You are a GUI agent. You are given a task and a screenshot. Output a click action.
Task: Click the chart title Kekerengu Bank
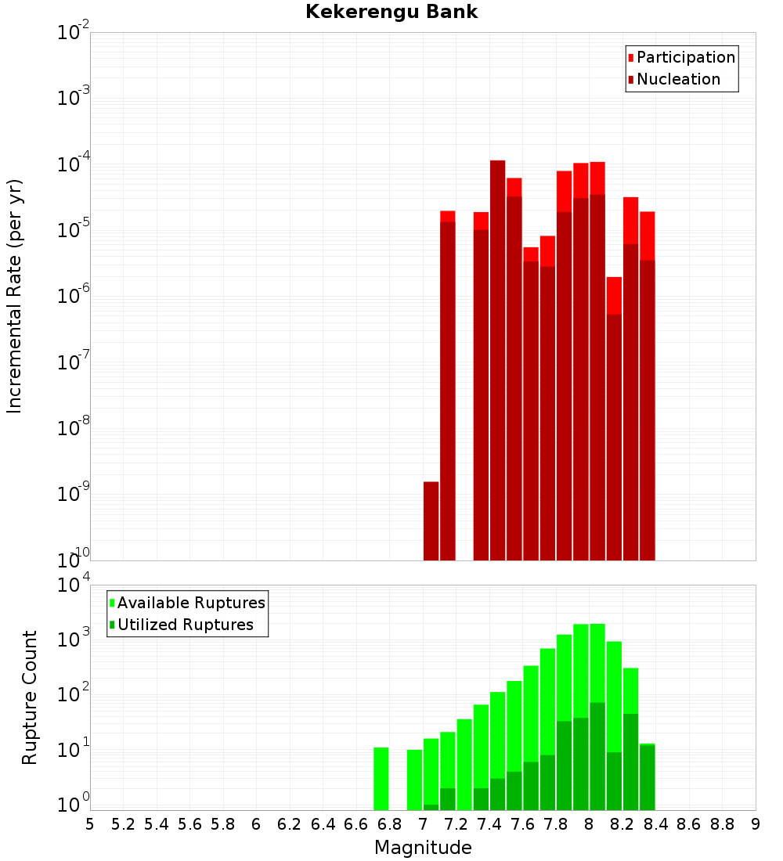391,12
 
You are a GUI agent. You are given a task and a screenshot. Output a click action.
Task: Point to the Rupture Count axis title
30,697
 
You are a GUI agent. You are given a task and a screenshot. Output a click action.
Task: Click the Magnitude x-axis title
423,848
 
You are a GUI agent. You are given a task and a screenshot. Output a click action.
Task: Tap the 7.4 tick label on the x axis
489,824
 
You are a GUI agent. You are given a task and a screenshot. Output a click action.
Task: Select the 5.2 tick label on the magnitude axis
123,824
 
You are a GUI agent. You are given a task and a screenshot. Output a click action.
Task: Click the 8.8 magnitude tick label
722,824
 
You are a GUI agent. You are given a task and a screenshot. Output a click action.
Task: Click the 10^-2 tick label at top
74,33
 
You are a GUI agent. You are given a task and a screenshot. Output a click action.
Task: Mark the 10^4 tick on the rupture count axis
74,585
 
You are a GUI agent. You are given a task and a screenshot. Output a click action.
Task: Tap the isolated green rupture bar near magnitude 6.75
381,779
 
